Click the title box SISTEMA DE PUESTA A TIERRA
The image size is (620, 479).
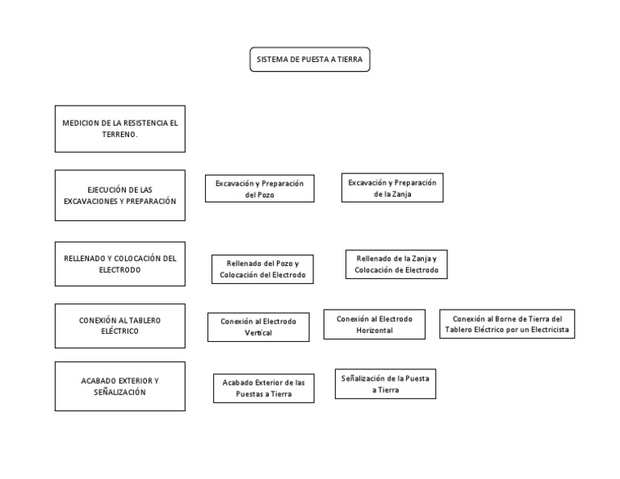[310, 60]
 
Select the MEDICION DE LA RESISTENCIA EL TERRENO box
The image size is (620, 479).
[120, 129]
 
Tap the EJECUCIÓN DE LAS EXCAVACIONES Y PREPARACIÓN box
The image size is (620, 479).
[120, 195]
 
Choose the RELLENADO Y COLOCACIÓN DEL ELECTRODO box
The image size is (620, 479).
[120, 264]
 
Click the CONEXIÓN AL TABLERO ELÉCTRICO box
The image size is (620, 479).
[120, 326]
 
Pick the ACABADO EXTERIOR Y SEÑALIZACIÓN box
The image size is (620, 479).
[120, 386]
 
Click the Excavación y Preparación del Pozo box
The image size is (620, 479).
[260, 189]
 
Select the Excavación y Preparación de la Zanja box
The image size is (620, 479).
[392, 188]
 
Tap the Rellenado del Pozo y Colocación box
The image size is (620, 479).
[262, 269]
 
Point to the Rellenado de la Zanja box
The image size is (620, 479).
[396, 264]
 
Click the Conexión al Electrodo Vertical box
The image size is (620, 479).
[258, 327]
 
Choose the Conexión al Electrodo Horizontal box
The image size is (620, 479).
[375, 324]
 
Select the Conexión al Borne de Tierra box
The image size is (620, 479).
[507, 324]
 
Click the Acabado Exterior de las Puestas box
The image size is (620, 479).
[264, 388]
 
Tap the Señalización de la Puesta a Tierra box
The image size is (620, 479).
[386, 384]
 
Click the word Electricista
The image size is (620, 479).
[550, 330]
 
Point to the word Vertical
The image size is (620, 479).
[258, 333]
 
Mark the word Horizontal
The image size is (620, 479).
[375, 331]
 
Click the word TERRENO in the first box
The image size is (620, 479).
[118, 135]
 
